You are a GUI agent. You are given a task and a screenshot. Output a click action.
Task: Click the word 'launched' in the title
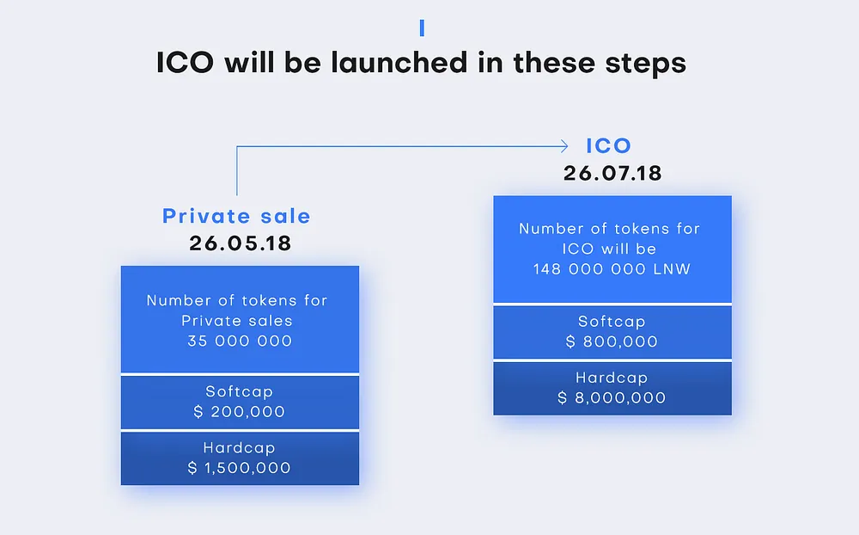click(x=399, y=62)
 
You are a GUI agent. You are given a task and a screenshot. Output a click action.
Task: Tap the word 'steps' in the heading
click(x=645, y=64)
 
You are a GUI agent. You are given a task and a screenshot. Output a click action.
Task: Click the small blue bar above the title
click(x=422, y=28)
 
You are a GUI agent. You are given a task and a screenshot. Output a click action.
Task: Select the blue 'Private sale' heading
click(x=236, y=216)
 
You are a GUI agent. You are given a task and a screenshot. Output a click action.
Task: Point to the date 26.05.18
click(x=240, y=243)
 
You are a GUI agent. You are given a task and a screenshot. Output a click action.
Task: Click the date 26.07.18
click(x=612, y=174)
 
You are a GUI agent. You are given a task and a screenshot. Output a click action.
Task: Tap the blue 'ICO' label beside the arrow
click(x=609, y=146)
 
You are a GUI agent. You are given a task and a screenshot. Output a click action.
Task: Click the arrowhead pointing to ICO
click(x=564, y=146)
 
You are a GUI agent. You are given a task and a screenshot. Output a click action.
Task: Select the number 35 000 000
click(x=240, y=341)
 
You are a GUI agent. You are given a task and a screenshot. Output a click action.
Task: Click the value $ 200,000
click(x=240, y=411)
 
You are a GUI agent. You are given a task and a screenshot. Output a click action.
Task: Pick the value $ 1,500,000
click(x=240, y=468)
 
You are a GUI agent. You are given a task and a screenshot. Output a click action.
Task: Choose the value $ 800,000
click(x=612, y=341)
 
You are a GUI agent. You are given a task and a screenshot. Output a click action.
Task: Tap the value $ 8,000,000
click(x=612, y=398)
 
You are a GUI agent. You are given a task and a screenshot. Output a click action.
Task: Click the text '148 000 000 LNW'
click(x=612, y=269)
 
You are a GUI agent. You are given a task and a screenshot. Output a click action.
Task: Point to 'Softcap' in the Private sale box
click(x=240, y=391)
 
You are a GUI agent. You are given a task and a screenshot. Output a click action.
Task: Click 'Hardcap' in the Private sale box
click(x=240, y=448)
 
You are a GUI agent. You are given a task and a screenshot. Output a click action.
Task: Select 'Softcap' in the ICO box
click(x=612, y=322)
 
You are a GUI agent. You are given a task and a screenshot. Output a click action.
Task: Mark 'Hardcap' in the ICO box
click(x=612, y=378)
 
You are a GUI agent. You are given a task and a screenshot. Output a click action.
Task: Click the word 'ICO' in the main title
click(x=186, y=62)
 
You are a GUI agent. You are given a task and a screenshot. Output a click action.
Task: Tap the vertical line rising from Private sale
click(x=237, y=170)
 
